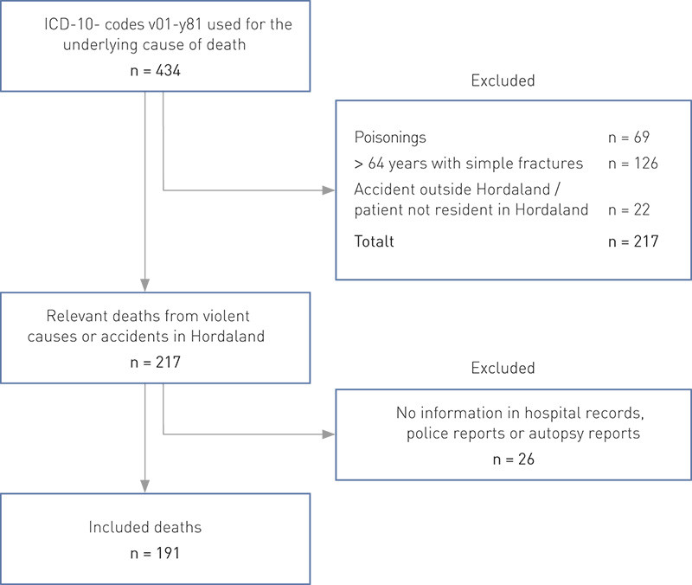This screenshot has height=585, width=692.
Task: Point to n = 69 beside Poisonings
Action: (631, 138)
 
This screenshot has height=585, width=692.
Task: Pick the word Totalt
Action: (375, 241)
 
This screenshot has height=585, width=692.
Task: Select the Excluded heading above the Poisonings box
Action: (503, 80)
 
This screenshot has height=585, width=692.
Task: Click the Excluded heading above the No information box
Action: (503, 368)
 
